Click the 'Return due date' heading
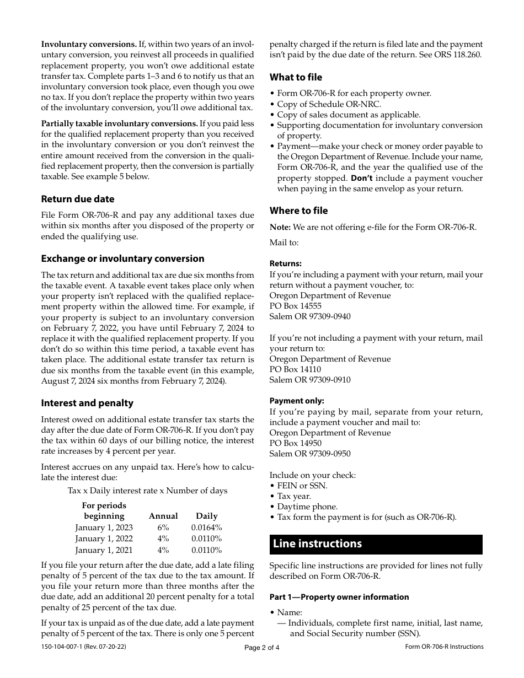pos(78,199)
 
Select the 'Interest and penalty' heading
pos(87,403)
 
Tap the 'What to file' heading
pos(296,77)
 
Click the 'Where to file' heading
pos(298,211)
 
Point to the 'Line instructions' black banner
pos(376,544)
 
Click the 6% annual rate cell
pos(163,528)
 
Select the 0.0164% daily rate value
pos(207,528)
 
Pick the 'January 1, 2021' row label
pos(104,550)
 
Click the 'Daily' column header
pos(207,516)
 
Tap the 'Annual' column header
pos(163,516)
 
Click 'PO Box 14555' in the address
pos(295,306)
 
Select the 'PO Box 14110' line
pos(295,369)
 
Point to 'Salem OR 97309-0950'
pos(309,454)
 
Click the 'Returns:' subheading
pos(285,263)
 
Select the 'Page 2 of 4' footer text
pos(262,648)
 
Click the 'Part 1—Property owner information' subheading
pos(339,597)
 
